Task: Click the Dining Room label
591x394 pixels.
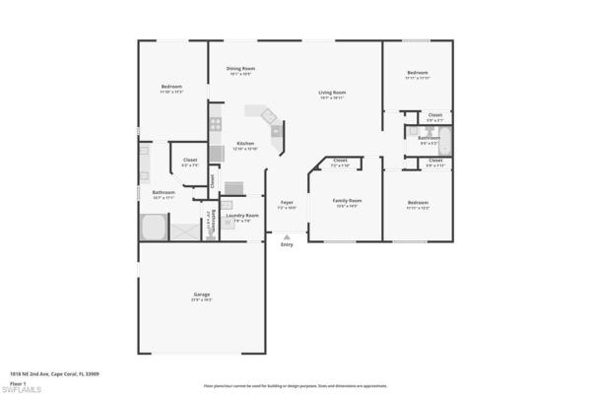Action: pos(240,69)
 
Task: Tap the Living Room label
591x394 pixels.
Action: pos(332,94)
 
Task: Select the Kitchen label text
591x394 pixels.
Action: pos(245,144)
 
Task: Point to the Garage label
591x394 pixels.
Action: pos(201,295)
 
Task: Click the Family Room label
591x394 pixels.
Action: pos(347,202)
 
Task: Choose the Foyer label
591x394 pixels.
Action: pos(287,203)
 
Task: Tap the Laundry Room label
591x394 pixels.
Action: pos(241,216)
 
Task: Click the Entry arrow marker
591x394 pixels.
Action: pos(287,237)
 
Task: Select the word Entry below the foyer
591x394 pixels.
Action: pos(287,245)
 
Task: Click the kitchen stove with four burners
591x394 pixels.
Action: pos(215,125)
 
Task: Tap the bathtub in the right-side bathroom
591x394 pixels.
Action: pos(443,139)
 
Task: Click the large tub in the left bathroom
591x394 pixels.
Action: pos(154,228)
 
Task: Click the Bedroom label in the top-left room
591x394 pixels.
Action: pos(171,87)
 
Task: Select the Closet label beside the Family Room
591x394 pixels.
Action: pos(340,162)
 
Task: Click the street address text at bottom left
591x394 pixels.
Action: pos(53,374)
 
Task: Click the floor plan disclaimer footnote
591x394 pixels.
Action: pos(295,386)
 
